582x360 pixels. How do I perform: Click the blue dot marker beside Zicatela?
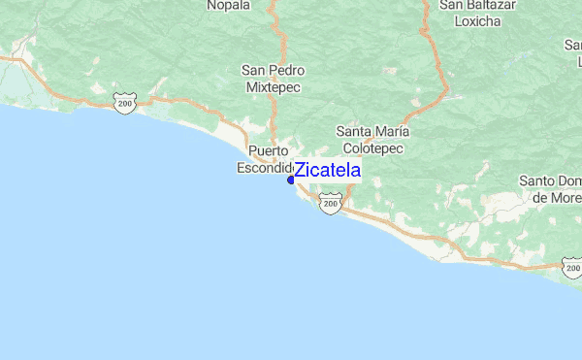pos(291,179)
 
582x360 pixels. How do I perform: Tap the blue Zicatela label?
pos(327,172)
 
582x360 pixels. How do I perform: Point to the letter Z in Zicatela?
pos(301,172)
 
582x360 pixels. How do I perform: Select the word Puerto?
pos(269,151)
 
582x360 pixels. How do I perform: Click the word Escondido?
pos(265,168)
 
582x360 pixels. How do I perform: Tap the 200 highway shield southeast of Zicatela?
pos(331,206)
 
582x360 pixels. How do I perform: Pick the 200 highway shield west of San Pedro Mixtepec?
pos(123,103)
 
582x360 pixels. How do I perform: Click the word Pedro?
pos(287,71)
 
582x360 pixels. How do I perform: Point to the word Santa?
pos(354,131)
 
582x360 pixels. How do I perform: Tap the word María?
pos(393,131)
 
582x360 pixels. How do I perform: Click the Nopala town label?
pos(229,5)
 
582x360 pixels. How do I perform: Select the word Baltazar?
pos(490,5)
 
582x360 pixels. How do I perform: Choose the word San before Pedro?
pos(254,71)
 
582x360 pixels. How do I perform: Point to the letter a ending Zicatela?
pos(355,172)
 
